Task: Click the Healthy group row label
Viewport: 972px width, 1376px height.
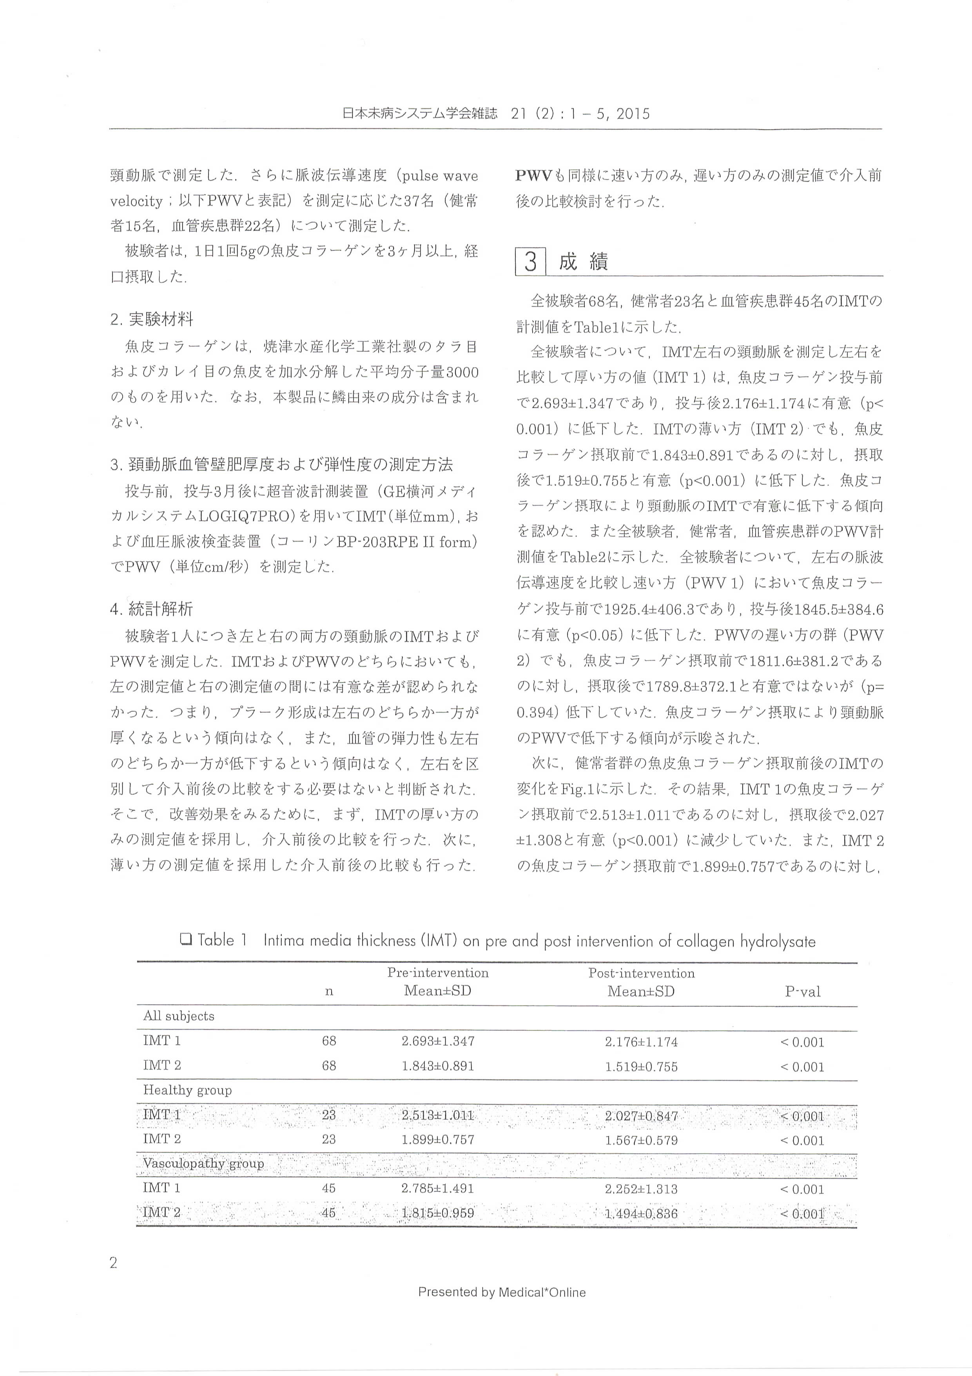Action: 187,1090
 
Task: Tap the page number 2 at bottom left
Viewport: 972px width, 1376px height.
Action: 114,1263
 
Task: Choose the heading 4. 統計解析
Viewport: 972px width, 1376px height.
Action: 152,609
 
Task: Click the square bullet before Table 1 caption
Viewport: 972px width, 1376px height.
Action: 185,940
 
